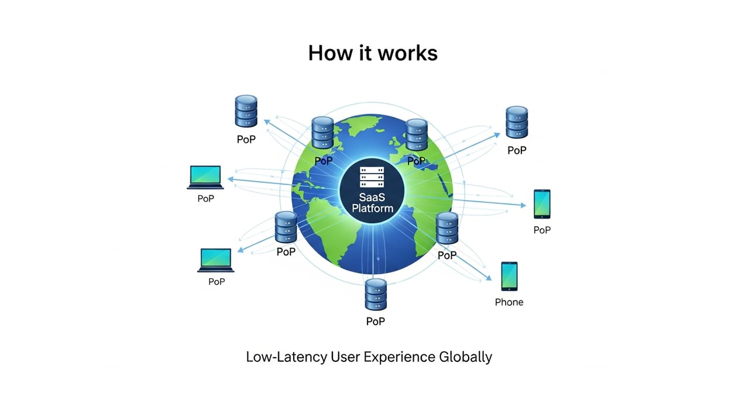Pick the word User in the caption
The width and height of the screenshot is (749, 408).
pyautogui.click(x=348, y=357)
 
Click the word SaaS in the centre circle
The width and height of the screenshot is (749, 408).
pyautogui.click(x=372, y=197)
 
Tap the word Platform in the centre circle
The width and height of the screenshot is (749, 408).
pyautogui.click(x=372, y=208)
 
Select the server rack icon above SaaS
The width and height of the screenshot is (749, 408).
pyautogui.click(x=372, y=175)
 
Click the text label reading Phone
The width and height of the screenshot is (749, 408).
pyautogui.click(x=509, y=302)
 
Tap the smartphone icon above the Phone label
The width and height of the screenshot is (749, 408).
pyautogui.click(x=509, y=276)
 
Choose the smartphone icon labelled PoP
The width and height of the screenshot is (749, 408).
pyautogui.click(x=542, y=204)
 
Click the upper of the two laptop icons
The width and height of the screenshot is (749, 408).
pyautogui.click(x=205, y=177)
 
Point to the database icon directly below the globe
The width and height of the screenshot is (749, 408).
pyautogui.click(x=376, y=295)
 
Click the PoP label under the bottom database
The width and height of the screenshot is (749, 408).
pyautogui.click(x=376, y=321)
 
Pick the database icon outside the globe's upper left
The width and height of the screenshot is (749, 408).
pyautogui.click(x=246, y=112)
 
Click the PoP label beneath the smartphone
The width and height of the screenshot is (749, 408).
pyautogui.click(x=542, y=230)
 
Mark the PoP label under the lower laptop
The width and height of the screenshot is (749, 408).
pyautogui.click(x=217, y=282)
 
